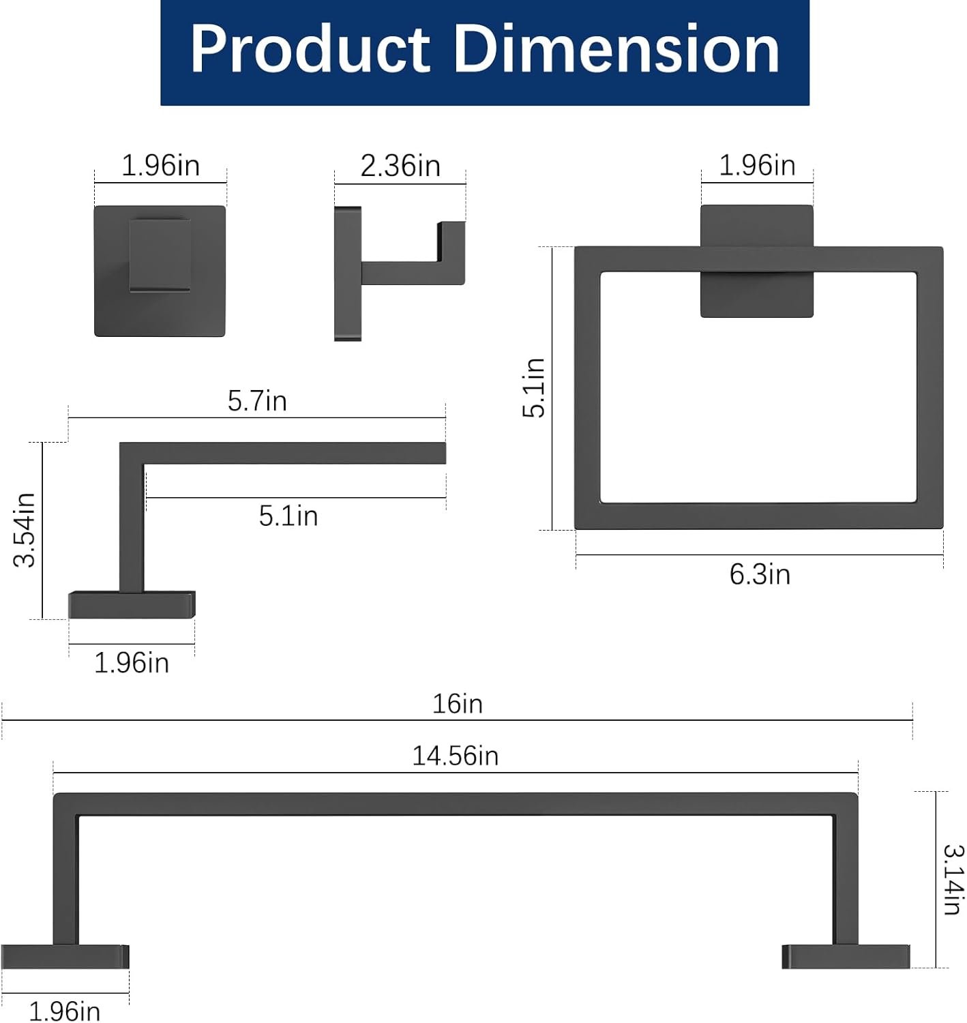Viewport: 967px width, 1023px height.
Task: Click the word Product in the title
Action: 310,49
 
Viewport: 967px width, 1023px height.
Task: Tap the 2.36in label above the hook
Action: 400,166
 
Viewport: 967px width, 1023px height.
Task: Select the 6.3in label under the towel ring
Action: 759,575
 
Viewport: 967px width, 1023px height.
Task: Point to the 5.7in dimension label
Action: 257,401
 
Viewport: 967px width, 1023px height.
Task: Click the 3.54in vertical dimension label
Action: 25,530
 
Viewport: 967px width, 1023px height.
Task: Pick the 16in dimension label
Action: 458,705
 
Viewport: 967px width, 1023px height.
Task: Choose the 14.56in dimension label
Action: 456,756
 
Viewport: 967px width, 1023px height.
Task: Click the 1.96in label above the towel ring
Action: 757,166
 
